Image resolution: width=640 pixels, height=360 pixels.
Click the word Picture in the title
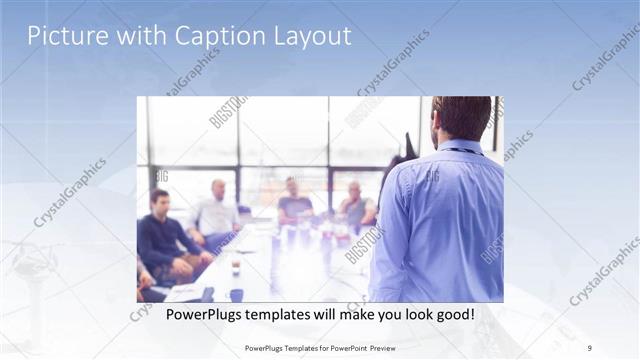tap(63, 36)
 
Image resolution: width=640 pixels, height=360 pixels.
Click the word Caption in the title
tap(216, 36)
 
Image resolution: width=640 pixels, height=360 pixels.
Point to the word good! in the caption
tap(454, 315)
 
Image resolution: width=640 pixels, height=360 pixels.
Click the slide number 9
tap(590, 348)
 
